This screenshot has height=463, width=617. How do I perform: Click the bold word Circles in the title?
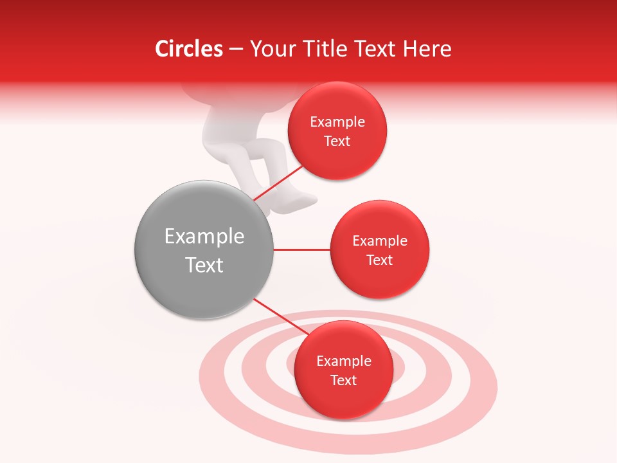pos(189,49)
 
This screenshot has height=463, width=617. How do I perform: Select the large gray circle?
pos(204,250)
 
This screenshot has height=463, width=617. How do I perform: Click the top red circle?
pos(337,131)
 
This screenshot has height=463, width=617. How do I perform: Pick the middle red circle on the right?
pos(379,250)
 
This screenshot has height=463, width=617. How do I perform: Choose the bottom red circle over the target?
pos(343,370)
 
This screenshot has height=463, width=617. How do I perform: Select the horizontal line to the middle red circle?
pos(301,250)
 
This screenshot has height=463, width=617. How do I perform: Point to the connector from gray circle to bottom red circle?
pos(278,315)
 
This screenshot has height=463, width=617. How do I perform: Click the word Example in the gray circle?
pos(204,237)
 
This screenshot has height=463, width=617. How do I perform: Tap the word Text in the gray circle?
pos(204,265)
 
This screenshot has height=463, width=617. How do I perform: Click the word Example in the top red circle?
pos(337,122)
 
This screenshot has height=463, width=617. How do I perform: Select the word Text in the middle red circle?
pos(379,260)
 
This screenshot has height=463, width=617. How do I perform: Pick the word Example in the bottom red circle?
pos(343,361)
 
